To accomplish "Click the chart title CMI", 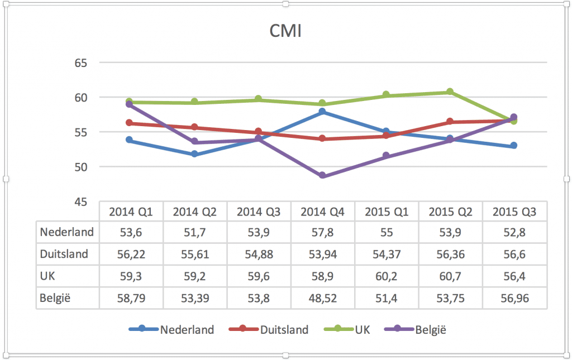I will tap(285, 31).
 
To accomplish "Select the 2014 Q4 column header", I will tap(322, 212).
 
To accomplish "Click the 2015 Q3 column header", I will tap(514, 212).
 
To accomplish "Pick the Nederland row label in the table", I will tap(67, 232).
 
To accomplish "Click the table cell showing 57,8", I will tap(322, 232).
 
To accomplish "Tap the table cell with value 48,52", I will tap(322, 299).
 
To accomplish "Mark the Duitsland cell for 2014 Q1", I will tap(131, 255).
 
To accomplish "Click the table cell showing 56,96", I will tap(514, 299).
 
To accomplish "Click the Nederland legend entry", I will tap(171, 329).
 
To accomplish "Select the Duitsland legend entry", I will tap(269, 329).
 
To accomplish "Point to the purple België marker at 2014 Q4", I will tap(322, 175).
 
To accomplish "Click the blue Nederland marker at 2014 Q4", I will tap(322, 112).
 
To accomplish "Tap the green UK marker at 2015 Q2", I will tap(450, 92).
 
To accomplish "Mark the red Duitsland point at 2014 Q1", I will tap(130, 123).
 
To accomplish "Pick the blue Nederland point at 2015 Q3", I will tap(514, 146).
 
